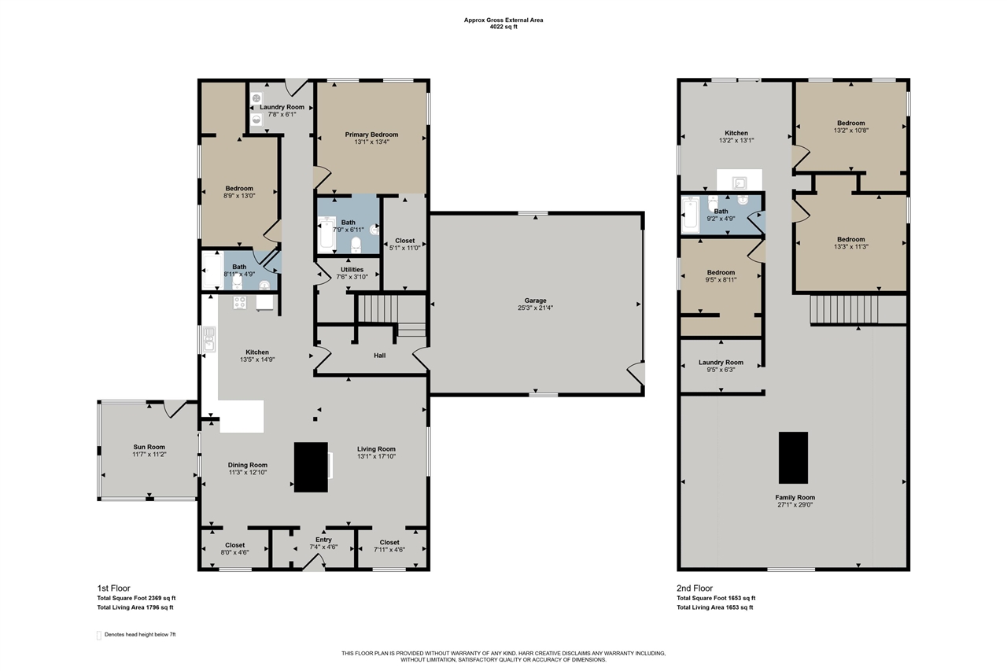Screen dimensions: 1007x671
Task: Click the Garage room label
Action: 535,300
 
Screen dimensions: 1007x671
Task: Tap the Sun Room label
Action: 149,447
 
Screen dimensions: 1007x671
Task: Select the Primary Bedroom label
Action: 371,135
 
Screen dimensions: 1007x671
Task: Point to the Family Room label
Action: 795,497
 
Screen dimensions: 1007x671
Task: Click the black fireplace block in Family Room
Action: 794,458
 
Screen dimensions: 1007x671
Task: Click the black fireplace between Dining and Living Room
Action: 311,467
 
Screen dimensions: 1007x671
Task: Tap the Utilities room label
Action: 352,270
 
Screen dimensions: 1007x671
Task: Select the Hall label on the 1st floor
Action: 380,356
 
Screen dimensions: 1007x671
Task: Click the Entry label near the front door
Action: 323,540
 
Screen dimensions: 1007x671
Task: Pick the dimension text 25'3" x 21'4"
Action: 535,308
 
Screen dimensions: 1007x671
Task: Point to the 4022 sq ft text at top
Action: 503,27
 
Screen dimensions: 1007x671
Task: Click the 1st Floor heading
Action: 114,588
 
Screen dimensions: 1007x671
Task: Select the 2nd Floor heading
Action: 695,588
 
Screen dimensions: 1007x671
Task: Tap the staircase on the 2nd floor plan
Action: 844,309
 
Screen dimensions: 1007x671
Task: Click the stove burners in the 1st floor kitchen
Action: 240,303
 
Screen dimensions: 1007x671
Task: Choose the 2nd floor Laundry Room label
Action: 721,363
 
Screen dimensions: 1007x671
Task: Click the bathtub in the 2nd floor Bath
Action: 690,215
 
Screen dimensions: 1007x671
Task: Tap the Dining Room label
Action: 248,465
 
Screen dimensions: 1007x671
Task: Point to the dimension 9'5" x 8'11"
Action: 721,279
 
